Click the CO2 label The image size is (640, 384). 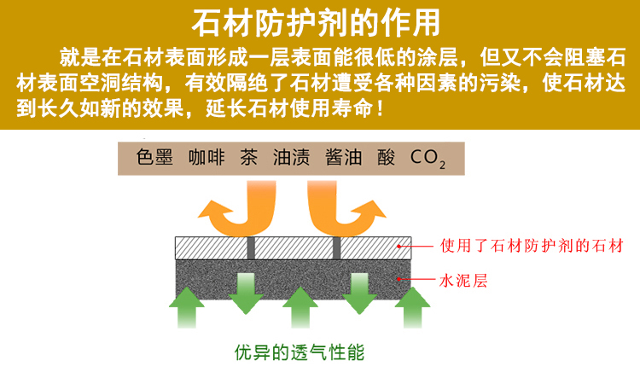coord(428,158)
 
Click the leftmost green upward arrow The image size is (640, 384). coord(187,307)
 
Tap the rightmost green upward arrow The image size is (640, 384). coord(414,307)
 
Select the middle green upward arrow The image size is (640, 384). coord(300,307)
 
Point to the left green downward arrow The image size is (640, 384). coord(246,290)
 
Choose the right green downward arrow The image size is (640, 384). coord(358,290)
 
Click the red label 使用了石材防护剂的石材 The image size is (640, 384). coord(526,247)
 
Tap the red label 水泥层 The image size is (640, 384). coord(463,279)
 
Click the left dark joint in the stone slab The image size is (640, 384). coord(251,247)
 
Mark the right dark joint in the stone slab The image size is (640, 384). coord(336,247)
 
